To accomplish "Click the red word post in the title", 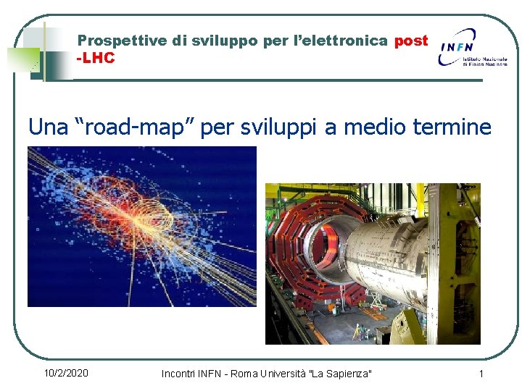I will click(411, 41).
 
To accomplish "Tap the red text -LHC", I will click(96, 58).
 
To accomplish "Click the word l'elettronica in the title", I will click(339, 41).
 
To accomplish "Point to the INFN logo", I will click(472, 47).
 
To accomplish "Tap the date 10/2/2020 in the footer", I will click(66, 373).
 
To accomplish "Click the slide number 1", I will click(481, 373).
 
